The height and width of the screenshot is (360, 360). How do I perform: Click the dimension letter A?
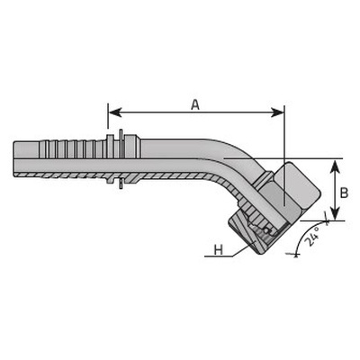pyautogui.click(x=195, y=104)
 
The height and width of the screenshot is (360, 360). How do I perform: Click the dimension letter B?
pyautogui.click(x=344, y=193)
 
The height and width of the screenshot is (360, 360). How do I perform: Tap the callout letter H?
pyautogui.click(x=219, y=249)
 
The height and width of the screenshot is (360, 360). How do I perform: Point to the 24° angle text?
pyautogui.click(x=312, y=238)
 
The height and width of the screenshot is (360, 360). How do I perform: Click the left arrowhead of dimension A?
pyautogui.click(x=114, y=112)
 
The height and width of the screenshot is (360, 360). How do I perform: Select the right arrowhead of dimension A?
pyautogui.click(x=277, y=112)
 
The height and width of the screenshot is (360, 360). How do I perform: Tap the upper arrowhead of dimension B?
pyautogui.click(x=335, y=166)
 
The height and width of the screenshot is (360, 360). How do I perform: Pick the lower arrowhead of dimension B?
pyautogui.click(x=335, y=213)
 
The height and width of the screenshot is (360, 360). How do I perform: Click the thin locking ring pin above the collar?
pyautogui.click(x=121, y=134)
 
